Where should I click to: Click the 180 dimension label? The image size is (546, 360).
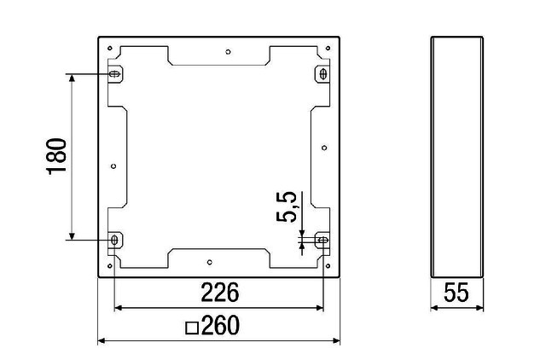point(56,156)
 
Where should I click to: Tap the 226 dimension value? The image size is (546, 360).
point(220,292)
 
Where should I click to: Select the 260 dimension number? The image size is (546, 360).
point(220,325)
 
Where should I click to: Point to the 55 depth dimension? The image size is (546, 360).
point(456,292)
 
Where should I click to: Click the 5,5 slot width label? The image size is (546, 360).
point(287,206)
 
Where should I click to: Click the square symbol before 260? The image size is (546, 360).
point(192,328)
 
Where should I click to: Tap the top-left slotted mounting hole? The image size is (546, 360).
point(114,74)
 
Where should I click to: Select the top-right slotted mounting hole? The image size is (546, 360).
point(323,74)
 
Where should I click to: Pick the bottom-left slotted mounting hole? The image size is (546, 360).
point(114,240)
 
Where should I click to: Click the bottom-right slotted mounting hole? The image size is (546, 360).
point(323,240)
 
